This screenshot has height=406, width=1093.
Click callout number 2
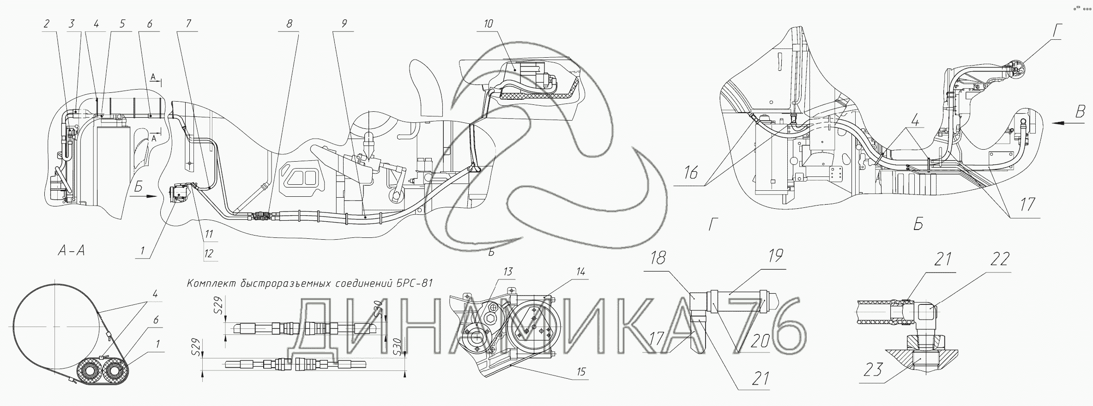(x=46, y=24)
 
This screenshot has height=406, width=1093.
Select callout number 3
(x=71, y=24)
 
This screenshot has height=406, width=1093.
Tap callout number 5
(x=122, y=24)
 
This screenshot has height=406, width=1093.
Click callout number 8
(x=290, y=24)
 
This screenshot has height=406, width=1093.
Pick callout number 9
(x=344, y=24)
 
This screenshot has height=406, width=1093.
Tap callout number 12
(x=209, y=254)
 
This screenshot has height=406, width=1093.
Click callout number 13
(x=508, y=272)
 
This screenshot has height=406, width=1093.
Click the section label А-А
(x=71, y=251)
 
